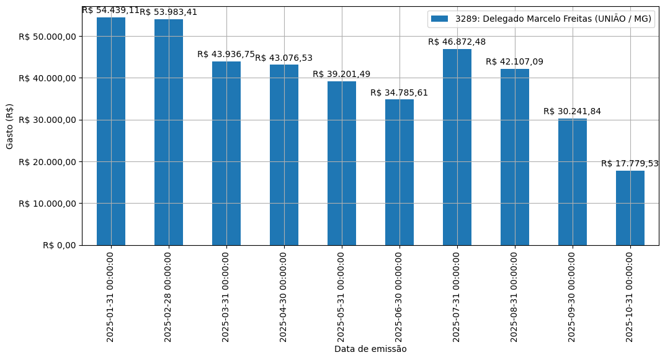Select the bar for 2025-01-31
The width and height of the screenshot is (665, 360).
pos(111,131)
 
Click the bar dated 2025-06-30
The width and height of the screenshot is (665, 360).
pos(399,172)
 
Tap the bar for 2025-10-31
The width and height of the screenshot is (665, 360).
pos(630,208)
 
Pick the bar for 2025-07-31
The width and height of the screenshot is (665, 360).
pos(457,147)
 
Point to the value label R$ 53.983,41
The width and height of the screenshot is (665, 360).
pos(169,12)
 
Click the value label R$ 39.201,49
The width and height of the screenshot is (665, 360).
pos(342,74)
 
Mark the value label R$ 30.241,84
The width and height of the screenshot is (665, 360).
pos(573,111)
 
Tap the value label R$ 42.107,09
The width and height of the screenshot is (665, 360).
pos(515,61)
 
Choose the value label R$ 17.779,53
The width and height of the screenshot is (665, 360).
pos(630,163)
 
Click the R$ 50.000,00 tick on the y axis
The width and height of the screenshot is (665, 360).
pos(47,36)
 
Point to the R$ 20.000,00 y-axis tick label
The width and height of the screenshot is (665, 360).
pos(47,161)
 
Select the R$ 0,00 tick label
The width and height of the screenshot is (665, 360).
pos(59,245)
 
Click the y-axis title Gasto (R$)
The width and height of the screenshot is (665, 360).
pos(10,126)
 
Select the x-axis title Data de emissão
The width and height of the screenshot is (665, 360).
pos(370,349)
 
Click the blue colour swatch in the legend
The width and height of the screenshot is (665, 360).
pos(439,19)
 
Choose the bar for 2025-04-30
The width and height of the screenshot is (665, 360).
pos(284,155)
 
